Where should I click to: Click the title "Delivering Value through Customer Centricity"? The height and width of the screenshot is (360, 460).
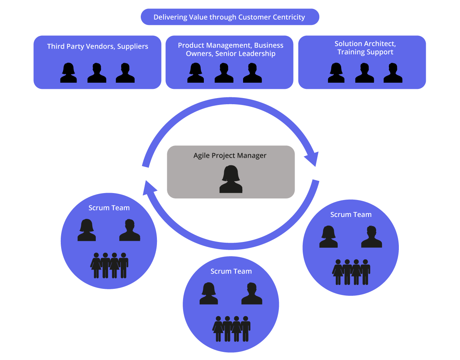pos(229,17)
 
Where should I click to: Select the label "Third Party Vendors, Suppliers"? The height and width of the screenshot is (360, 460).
pos(98,47)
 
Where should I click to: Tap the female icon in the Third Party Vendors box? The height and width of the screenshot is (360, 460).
pos(68,73)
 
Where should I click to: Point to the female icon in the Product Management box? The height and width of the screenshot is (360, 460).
pos(196,73)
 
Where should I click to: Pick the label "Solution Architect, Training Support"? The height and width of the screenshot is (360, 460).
pos(365,48)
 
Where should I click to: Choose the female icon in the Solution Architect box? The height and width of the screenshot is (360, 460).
pos(336,73)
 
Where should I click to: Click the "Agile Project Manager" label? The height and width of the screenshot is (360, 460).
pos(230,156)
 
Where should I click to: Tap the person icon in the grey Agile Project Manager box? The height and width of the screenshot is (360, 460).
pos(231,179)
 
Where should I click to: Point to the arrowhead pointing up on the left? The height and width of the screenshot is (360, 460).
pos(150,187)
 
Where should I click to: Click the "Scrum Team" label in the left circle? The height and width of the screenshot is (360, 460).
pos(109,208)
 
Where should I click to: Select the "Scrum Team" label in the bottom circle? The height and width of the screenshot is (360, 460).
pos(231,272)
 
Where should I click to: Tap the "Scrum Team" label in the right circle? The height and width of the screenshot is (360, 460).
pos(351,215)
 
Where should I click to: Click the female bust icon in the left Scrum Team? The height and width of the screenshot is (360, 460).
pos(87,230)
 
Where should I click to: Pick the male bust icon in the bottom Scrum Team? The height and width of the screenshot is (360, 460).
pos(252,294)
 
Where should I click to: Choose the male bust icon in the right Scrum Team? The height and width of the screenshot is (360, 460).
pos(372,237)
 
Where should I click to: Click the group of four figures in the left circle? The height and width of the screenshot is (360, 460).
pos(109,265)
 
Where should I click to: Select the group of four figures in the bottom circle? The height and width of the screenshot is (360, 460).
pos(232,329)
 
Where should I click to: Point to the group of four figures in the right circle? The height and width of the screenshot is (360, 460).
pos(351,272)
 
